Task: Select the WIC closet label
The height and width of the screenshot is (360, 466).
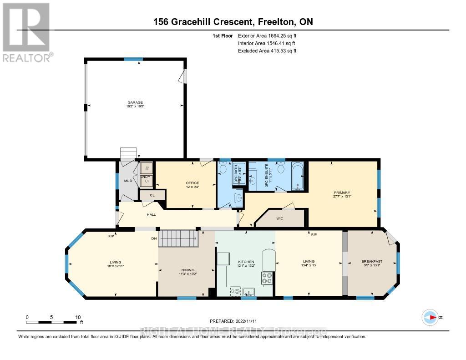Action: coord(280,218)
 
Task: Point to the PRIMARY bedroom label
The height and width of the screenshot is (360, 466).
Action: coord(341,193)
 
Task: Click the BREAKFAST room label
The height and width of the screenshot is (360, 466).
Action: coord(372,261)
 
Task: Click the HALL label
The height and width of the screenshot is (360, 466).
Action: coord(152,214)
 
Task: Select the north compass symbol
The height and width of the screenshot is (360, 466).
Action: coord(431,317)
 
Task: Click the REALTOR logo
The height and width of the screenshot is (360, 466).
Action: coord(26,31)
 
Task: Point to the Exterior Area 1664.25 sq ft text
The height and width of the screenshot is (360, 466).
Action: coord(267,35)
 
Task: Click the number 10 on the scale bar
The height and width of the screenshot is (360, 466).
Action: coord(78,317)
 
